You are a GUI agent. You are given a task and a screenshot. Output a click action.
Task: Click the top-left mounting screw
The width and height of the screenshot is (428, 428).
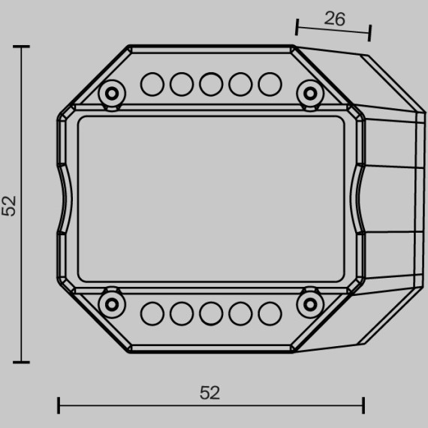click(x=113, y=93)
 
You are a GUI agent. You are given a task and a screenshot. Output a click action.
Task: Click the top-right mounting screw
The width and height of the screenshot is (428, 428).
click(x=309, y=93)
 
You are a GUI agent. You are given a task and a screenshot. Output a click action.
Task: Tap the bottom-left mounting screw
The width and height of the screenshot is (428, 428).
click(x=113, y=303)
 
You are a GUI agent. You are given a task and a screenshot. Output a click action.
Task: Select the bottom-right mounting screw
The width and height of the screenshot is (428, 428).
click(x=309, y=303)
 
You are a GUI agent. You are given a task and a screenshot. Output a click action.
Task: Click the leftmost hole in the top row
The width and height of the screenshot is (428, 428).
click(x=152, y=84)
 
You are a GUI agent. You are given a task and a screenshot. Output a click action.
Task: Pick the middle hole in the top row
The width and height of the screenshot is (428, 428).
click(x=211, y=84)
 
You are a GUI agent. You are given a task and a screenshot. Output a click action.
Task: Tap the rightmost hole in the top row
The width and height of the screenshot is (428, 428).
click(x=270, y=84)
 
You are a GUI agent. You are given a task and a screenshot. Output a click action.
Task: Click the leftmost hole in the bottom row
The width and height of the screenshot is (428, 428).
click(x=152, y=312)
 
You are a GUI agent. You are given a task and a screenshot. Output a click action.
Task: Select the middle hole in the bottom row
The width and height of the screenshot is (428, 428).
click(x=211, y=312)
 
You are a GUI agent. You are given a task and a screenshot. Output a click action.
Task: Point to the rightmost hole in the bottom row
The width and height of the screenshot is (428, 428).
click(x=270, y=312)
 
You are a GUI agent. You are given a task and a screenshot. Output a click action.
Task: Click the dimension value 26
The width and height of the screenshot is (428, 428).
click(x=335, y=20)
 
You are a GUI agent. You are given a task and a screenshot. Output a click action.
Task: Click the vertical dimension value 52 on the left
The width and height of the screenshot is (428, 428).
click(x=9, y=205)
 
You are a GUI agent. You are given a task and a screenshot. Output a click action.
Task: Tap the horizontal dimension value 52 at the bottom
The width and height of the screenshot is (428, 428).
click(x=210, y=392)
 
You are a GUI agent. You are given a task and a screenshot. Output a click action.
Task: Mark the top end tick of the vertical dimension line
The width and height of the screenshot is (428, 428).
click(x=22, y=47)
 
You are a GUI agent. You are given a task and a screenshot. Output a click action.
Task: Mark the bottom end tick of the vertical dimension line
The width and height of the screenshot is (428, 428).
click(x=22, y=362)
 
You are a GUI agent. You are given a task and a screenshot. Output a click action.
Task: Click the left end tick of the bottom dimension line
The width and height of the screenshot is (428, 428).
click(x=59, y=405)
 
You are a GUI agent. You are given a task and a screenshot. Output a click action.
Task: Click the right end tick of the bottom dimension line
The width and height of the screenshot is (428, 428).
click(x=363, y=405)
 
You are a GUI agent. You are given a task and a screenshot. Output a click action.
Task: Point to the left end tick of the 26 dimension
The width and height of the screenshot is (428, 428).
click(x=297, y=29)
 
